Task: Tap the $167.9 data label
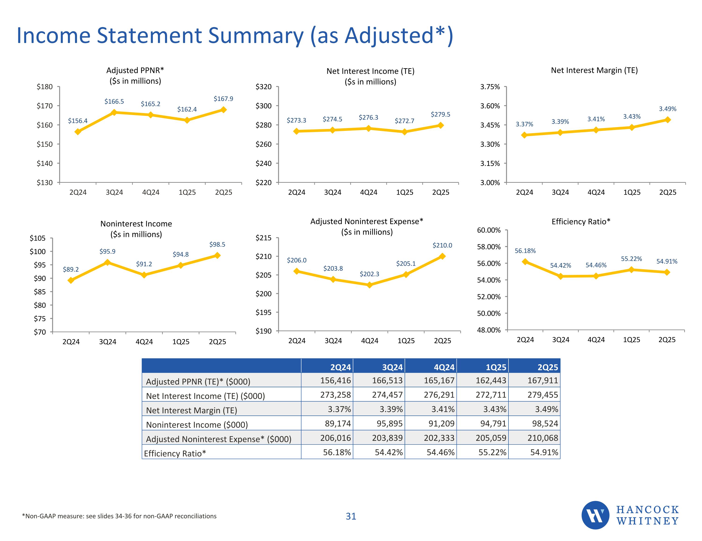tap(223, 99)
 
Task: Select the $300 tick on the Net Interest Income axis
tap(263, 106)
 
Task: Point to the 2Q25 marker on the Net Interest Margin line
tap(667, 120)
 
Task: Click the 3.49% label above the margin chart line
tap(668, 109)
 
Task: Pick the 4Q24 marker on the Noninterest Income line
tap(144, 275)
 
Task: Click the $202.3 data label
tap(369, 274)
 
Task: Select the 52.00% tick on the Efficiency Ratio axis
tap(489, 297)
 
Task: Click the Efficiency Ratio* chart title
tap(581, 222)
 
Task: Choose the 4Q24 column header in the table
tap(444, 367)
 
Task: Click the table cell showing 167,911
tap(543, 380)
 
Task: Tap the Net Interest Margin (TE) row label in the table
tap(192, 410)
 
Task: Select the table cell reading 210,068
tap(543, 438)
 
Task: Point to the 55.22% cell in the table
tap(492, 452)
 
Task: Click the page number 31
tap(351, 516)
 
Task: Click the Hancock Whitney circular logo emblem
tap(595, 515)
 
